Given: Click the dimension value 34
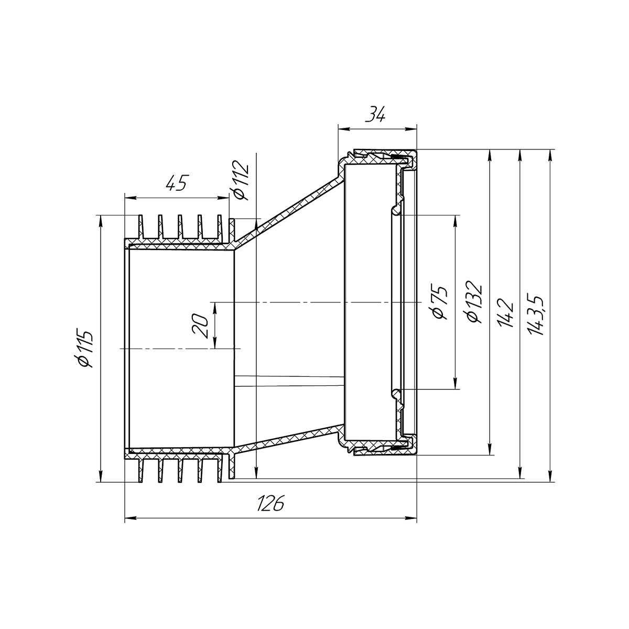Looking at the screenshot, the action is (375, 114).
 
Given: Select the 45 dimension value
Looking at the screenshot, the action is (177, 183).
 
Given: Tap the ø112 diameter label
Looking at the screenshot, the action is (241, 180).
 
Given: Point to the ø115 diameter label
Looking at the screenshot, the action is (83, 349).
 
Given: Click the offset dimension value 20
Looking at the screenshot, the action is (200, 326).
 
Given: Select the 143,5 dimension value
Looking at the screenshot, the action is (535, 316).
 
